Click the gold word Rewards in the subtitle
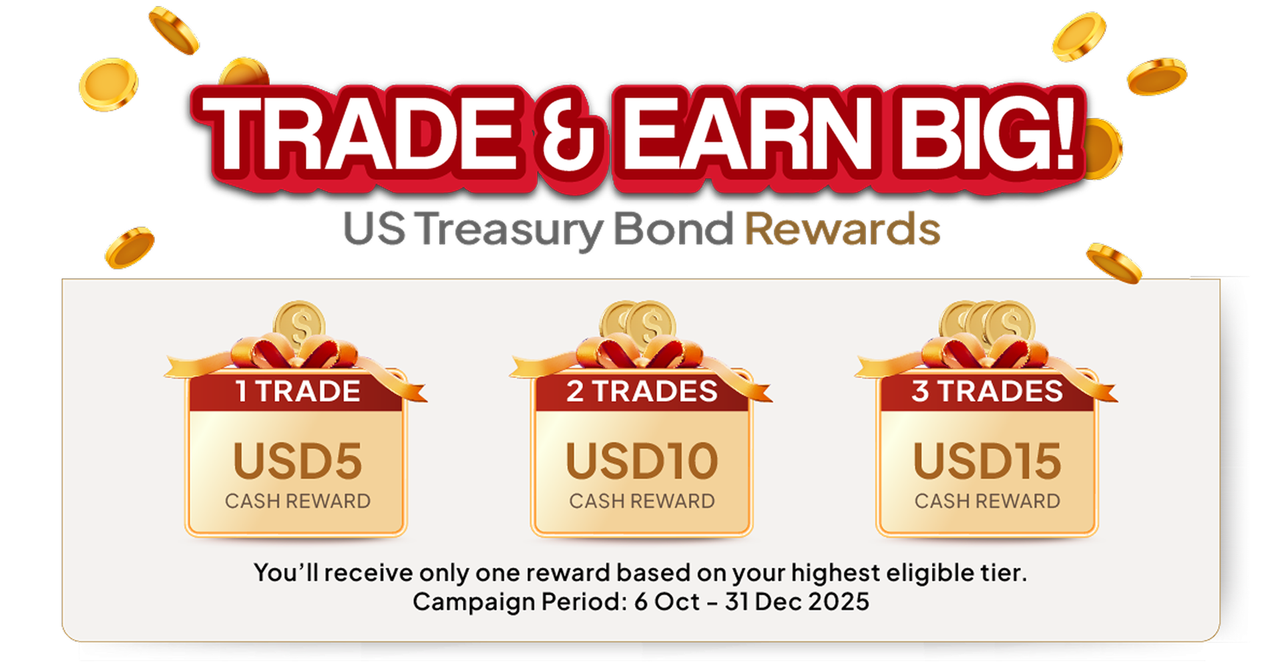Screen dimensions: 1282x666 point(843,229)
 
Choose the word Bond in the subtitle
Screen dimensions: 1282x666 point(673,229)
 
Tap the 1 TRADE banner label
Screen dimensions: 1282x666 point(298,391)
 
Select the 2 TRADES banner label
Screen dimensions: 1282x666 point(642,391)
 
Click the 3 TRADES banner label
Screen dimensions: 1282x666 point(987,391)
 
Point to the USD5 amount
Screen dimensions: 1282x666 point(298,461)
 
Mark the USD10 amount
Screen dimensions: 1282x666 point(642,461)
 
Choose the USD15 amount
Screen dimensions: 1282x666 point(987,461)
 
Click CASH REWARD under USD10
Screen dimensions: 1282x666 point(642,501)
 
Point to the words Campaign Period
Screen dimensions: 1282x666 point(520,603)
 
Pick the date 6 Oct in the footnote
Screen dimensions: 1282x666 point(666,602)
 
